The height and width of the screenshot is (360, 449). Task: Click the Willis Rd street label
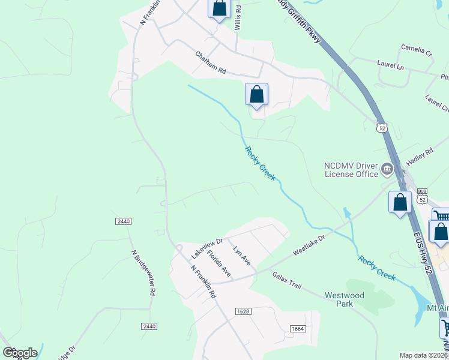click(238, 19)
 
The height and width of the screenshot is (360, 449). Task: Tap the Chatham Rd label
click(210, 63)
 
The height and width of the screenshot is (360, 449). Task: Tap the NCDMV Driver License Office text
click(351, 170)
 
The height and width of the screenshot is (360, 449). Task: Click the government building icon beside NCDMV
click(387, 170)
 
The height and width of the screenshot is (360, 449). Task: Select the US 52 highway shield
click(382, 128)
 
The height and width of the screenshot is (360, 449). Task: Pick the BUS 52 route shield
click(423, 197)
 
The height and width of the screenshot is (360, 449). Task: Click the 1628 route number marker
click(243, 311)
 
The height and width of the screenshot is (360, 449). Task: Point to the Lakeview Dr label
click(207, 247)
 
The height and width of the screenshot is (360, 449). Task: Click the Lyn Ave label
click(241, 256)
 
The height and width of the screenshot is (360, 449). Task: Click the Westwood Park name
click(345, 299)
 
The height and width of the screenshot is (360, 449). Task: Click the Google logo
click(19, 353)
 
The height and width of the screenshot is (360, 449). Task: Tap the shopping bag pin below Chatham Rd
click(256, 94)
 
